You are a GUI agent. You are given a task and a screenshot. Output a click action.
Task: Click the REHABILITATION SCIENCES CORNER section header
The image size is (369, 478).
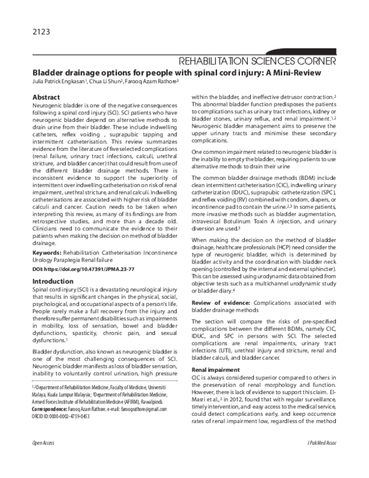[256, 61]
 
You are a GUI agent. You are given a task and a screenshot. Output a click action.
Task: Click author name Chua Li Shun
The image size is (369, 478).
[105, 81]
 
